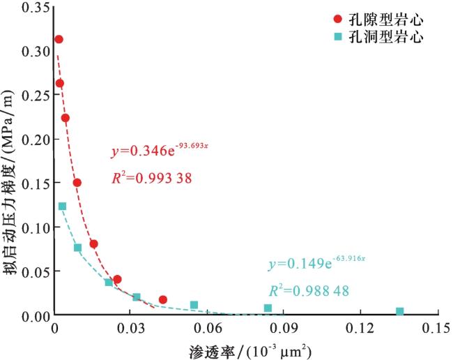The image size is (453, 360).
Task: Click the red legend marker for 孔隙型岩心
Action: (x=338, y=18)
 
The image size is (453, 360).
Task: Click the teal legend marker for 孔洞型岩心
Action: (x=338, y=36)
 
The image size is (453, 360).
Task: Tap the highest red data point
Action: (x=59, y=40)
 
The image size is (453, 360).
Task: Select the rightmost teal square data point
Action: (x=399, y=312)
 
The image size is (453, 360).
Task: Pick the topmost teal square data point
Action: (x=62, y=207)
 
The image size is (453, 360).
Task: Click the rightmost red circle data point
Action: (x=163, y=299)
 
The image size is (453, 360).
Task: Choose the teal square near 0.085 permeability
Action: (x=268, y=308)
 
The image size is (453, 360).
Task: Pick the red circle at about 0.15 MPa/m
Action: (x=77, y=183)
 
